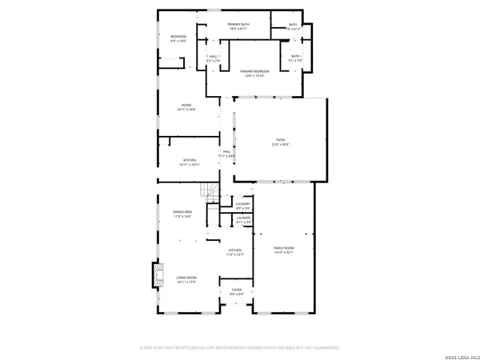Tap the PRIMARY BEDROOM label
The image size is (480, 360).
coord(254,74)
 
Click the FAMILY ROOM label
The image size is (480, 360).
coord(284,251)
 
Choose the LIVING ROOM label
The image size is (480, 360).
coord(186,279)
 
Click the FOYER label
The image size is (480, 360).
coord(237,291)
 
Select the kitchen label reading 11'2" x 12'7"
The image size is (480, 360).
coord(235,253)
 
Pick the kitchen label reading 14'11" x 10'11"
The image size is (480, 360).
coord(190,162)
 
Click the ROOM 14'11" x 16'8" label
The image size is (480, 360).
coord(186,107)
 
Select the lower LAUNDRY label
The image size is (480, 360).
coord(243,218)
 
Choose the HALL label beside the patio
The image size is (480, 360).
coord(227,154)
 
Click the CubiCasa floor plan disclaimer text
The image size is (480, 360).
coord(240,349)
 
